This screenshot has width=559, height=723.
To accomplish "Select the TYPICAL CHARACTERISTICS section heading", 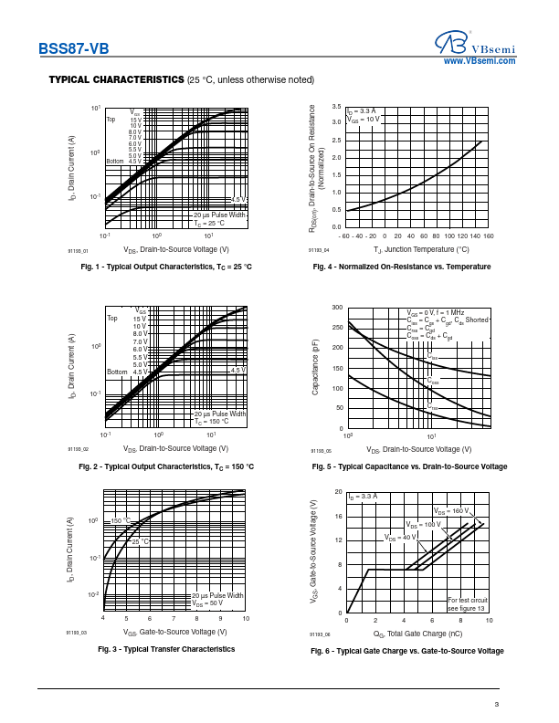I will pyautogui.click(x=116, y=80).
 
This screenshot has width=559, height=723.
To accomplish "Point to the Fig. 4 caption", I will pyautogui.click(x=401, y=267).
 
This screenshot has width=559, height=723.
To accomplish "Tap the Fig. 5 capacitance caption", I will pyautogui.click(x=409, y=466).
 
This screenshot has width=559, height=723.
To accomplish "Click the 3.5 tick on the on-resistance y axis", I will pyautogui.click(x=337, y=106).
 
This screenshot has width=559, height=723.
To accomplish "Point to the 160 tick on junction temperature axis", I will pyautogui.click(x=488, y=236).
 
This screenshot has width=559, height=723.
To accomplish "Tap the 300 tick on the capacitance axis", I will pyautogui.click(x=337, y=308).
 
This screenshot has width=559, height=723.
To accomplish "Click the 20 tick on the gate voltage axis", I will pyautogui.click(x=339, y=492).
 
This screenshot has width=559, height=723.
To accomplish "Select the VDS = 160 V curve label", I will pyautogui.click(x=451, y=510).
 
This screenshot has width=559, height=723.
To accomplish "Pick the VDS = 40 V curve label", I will pyautogui.click(x=399, y=538).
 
